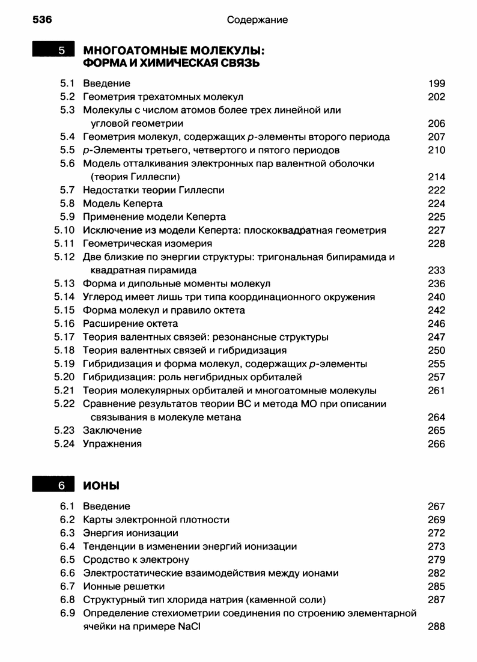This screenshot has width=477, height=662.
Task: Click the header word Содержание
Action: click(257, 20)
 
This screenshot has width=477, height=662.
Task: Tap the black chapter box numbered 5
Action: click(53, 50)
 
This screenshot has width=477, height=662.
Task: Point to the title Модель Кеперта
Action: click(123, 204)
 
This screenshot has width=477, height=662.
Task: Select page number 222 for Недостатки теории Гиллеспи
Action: click(437, 190)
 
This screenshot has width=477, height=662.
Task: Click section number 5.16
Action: click(64, 324)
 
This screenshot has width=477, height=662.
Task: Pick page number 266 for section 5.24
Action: click(437, 444)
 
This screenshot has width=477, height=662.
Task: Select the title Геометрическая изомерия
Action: click(147, 244)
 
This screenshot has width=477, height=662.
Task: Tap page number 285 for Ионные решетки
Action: click(437, 586)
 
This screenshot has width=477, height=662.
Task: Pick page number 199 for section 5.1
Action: click(437, 84)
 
